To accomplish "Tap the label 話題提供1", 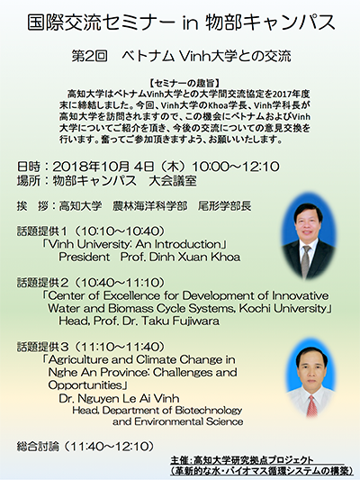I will pos(43,231).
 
